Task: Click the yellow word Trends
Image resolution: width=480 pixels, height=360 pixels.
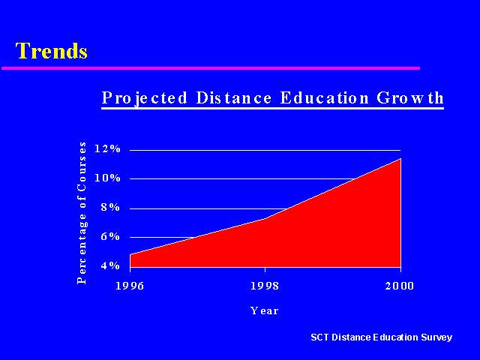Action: click(x=52, y=50)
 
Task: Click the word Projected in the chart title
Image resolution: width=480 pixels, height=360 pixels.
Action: click(x=144, y=98)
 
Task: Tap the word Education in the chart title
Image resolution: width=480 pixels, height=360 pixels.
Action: click(x=324, y=98)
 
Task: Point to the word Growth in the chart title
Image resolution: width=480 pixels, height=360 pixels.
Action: click(x=410, y=98)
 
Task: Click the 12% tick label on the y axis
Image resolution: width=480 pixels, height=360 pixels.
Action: click(x=107, y=148)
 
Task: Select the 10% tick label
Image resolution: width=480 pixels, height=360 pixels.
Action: click(x=107, y=178)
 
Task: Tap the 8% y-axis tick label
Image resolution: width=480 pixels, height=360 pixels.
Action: click(x=110, y=207)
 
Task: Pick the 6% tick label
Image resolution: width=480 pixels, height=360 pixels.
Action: click(x=110, y=236)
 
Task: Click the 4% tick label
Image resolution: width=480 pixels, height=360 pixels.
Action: click(x=110, y=265)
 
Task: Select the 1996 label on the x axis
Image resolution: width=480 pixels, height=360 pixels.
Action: click(x=130, y=286)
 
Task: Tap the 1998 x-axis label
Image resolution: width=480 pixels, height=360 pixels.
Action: click(x=265, y=286)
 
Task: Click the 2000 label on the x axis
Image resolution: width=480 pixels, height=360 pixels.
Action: click(x=400, y=286)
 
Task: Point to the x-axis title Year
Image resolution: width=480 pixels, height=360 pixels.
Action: click(x=265, y=310)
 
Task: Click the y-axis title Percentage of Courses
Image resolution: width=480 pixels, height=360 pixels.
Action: click(x=82, y=213)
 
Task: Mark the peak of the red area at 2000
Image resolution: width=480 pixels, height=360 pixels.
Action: click(x=400, y=158)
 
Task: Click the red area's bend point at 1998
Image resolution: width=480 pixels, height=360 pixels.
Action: click(x=265, y=218)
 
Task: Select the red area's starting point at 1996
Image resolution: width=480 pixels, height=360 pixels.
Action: click(x=130, y=254)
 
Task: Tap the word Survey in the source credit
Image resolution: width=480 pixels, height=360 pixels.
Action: click(x=436, y=337)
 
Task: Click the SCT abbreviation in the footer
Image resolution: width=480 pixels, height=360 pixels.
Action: click(x=320, y=337)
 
